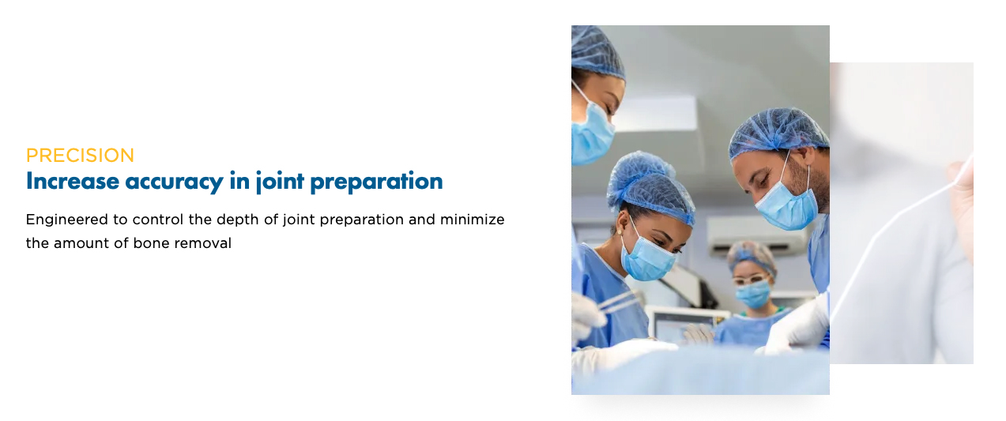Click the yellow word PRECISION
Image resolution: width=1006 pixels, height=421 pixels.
pos(80,156)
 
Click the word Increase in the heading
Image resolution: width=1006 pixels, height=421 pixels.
pos(73,182)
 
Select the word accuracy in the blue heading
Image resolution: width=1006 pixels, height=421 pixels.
pos(174,183)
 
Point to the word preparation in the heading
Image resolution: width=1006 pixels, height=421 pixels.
pos(376,182)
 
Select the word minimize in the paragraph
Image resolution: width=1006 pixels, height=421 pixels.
pos(472,220)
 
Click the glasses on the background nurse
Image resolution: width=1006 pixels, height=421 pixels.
pos(749,280)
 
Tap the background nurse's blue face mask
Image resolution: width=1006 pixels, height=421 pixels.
pos(752,295)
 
